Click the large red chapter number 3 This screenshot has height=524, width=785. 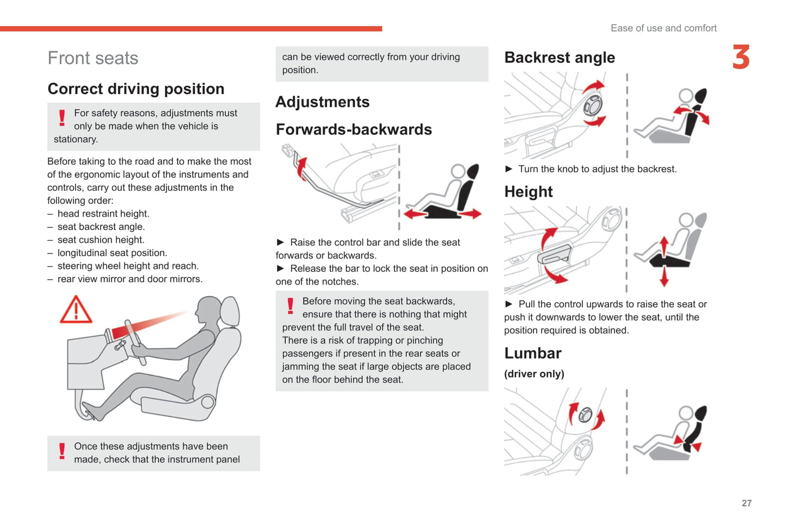741,57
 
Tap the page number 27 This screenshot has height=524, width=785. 746,503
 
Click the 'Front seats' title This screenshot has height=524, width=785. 93,58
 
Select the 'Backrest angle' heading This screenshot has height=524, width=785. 560,58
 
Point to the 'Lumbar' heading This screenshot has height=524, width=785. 533,353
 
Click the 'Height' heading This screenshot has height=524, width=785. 529,192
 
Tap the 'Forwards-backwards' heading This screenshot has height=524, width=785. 354,129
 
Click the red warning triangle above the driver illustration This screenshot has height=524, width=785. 76,309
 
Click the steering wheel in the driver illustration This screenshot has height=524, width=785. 135,342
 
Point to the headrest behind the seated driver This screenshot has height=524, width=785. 230,311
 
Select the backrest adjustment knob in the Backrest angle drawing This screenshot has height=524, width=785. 593,105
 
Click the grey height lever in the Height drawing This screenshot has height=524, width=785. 554,254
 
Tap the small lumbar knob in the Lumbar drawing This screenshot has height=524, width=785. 585,415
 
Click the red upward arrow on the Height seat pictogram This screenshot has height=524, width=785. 664,246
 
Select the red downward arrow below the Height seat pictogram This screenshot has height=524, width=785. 664,276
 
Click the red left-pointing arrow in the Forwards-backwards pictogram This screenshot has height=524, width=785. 416,214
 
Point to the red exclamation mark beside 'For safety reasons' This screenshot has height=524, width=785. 62,117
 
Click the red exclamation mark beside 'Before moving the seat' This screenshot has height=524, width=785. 290,306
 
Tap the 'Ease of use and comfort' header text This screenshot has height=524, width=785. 663,28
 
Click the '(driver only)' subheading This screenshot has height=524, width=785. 534,374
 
